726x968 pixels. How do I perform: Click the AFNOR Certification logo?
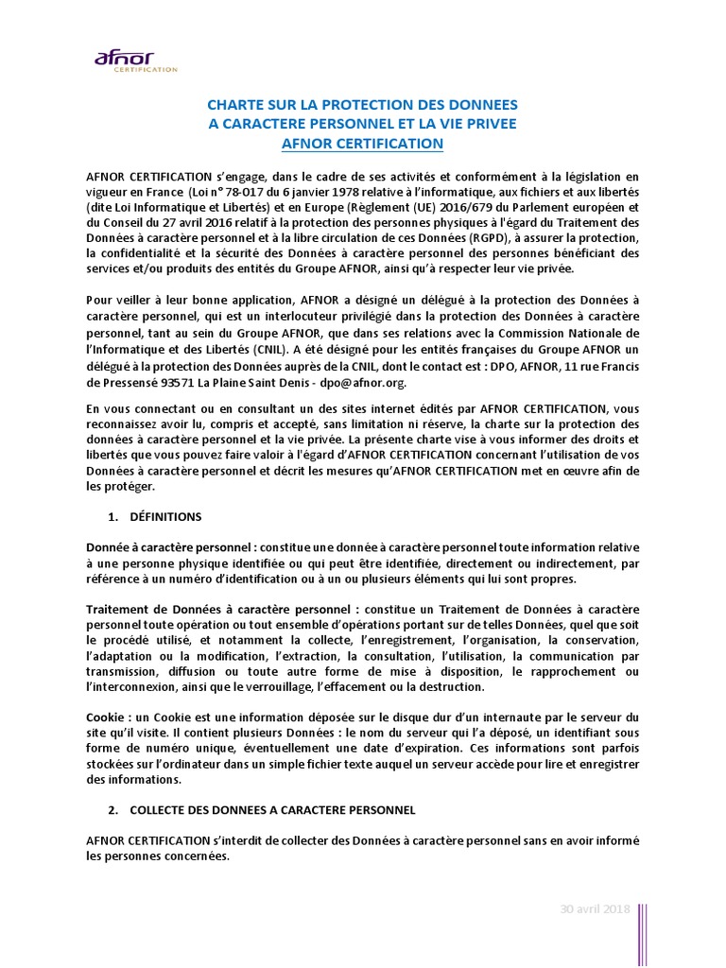click(135, 60)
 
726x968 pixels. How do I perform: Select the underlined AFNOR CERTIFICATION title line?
click(362, 144)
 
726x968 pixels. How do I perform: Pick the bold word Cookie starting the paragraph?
click(105, 716)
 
